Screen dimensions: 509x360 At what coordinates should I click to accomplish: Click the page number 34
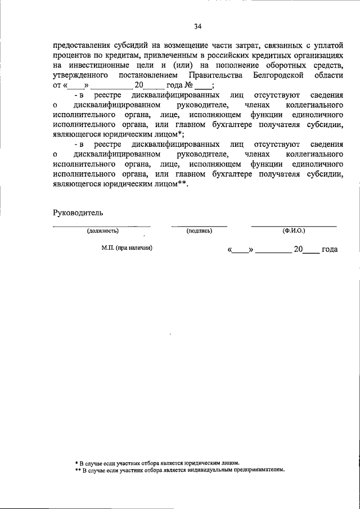[197, 26]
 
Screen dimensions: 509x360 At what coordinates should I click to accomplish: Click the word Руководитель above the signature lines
[78, 213]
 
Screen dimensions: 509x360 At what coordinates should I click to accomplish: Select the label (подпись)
[199, 231]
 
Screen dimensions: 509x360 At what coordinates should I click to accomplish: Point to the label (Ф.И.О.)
[294, 231]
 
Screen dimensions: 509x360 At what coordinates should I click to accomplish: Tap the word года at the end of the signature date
[329, 250]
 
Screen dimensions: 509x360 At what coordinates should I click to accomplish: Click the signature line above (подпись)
[199, 226]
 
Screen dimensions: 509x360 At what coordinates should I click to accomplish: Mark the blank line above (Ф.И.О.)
[294, 226]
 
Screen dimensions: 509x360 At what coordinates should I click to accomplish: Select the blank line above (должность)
[102, 226]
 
